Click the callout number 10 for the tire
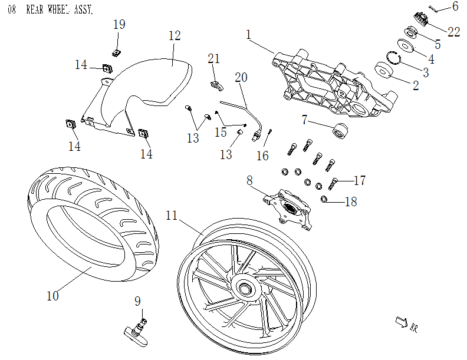[x=52, y=296]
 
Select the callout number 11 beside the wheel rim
[x=172, y=216]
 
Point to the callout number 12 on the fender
[x=174, y=35]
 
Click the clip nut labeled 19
[x=116, y=52]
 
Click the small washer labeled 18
[x=325, y=200]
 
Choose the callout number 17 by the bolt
[x=359, y=180]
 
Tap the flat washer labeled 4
[x=404, y=45]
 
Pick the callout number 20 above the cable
[x=241, y=77]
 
